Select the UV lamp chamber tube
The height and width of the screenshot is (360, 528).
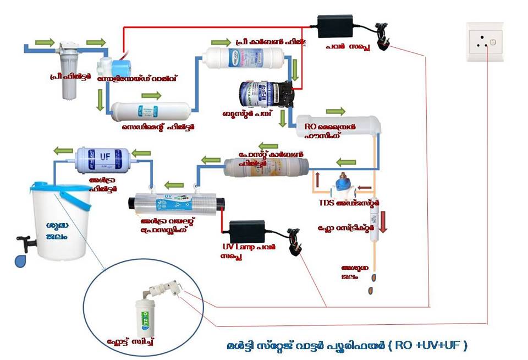pos(174,203)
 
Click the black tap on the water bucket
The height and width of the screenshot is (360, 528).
pos(25,241)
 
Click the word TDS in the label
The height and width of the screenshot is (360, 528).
pos(328,203)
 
